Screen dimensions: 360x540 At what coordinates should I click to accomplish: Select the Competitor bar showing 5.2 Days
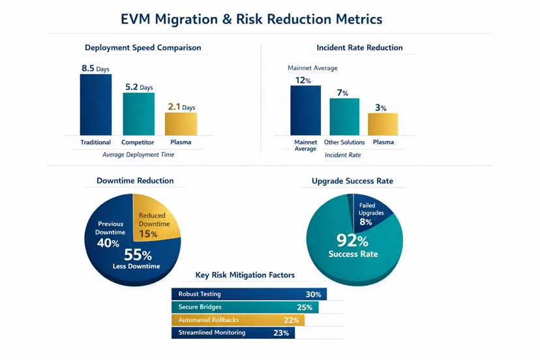(x=139, y=114)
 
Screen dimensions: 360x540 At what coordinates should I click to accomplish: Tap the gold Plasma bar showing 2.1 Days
(x=181, y=124)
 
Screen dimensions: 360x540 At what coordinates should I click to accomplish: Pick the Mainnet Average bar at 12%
(x=305, y=110)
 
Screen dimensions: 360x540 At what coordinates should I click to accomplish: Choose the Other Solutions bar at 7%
(x=344, y=117)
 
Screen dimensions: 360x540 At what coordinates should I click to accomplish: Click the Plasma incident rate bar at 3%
(x=383, y=124)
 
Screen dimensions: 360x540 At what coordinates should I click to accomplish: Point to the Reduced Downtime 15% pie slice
(x=155, y=218)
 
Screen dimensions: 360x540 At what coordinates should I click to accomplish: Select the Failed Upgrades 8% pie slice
(x=372, y=210)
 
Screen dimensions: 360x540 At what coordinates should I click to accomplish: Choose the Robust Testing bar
(x=248, y=294)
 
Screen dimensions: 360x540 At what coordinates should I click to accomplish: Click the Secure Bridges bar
(x=245, y=307)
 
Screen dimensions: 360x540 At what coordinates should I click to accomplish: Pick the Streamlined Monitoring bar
(x=233, y=333)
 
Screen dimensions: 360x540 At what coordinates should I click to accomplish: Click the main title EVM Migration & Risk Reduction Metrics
(x=252, y=19)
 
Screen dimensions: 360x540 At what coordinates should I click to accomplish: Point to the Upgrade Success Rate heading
(x=352, y=181)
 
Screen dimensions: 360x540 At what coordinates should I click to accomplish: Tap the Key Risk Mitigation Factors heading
(x=245, y=275)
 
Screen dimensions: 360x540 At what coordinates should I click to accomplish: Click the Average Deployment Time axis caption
(x=138, y=155)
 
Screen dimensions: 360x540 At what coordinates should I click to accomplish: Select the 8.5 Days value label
(x=95, y=68)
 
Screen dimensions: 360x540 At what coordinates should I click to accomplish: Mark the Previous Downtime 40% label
(x=110, y=233)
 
